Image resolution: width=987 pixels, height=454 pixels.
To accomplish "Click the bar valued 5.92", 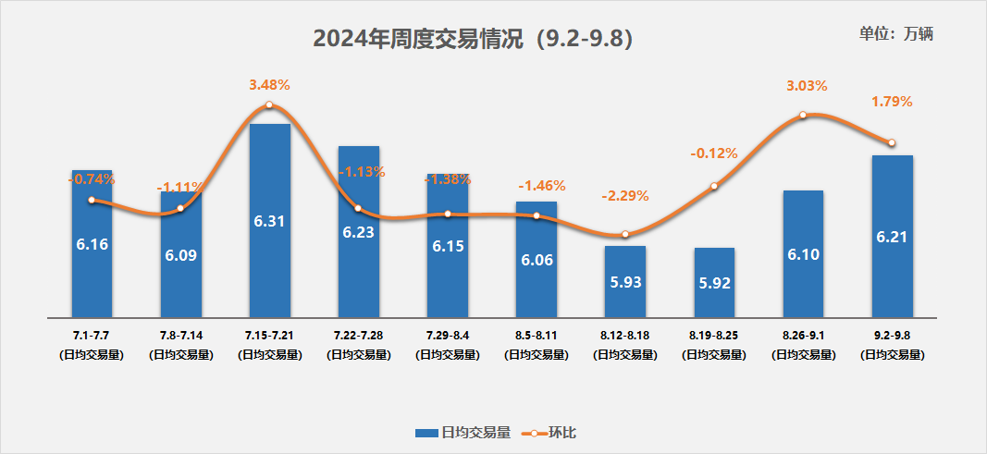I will [x=714, y=282].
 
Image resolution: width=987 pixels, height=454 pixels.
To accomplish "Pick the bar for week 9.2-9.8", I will [x=892, y=236].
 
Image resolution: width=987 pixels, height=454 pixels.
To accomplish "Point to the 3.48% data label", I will [x=269, y=85].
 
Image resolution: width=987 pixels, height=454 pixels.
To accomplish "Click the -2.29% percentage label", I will [x=625, y=196].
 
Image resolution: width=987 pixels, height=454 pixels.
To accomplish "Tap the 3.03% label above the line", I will [x=803, y=86].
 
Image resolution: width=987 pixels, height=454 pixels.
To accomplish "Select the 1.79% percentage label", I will [x=892, y=102].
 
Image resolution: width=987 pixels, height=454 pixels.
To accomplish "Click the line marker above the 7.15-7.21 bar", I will [x=269, y=105].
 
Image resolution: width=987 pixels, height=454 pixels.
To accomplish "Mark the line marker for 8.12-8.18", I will [x=625, y=234].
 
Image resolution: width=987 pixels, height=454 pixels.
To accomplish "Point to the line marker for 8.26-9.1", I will [x=803, y=115].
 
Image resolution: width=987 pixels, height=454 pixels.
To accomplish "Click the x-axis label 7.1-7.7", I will [x=92, y=333].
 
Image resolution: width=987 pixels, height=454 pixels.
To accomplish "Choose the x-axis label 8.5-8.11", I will [x=537, y=333].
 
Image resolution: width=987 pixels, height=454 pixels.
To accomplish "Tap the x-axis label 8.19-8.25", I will [x=714, y=333].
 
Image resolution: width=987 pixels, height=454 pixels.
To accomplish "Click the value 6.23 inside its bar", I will [x=358, y=233].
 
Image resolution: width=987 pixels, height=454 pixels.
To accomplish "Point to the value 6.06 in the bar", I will [x=537, y=261].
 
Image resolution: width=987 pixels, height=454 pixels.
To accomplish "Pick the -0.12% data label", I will [x=714, y=153].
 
